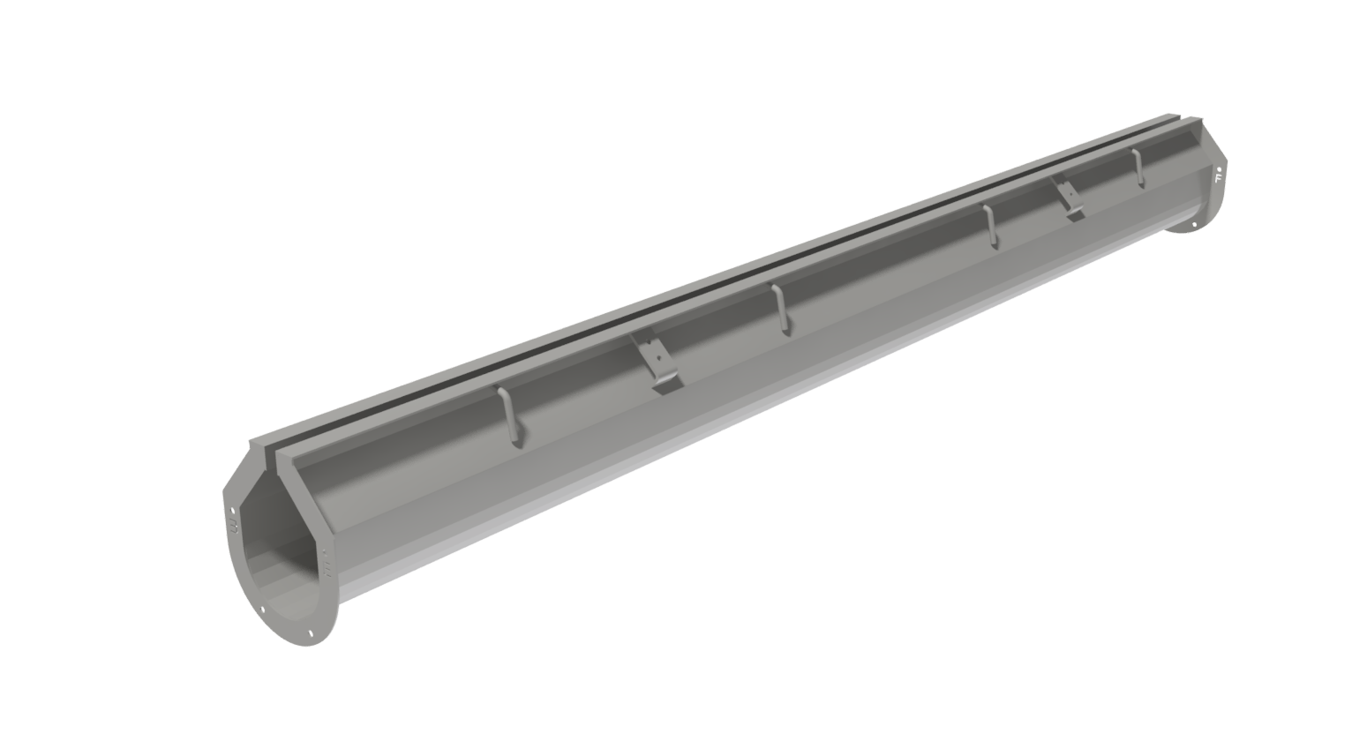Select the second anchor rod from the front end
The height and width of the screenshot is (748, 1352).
778,310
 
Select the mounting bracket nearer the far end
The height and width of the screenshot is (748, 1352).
1070,198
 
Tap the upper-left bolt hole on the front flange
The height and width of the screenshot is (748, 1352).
232,510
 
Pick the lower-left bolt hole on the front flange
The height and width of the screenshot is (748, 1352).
262,609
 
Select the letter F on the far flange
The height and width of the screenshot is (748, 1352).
1218,178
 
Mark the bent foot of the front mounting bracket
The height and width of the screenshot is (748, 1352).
668,385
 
